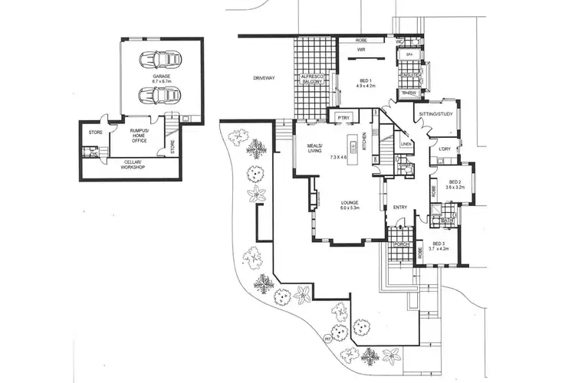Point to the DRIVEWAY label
tap(266, 78)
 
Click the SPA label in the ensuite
tap(409, 54)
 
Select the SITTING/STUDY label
tap(433, 115)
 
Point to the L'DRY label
tap(444, 149)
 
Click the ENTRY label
tap(400, 207)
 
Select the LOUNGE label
tap(350, 204)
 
